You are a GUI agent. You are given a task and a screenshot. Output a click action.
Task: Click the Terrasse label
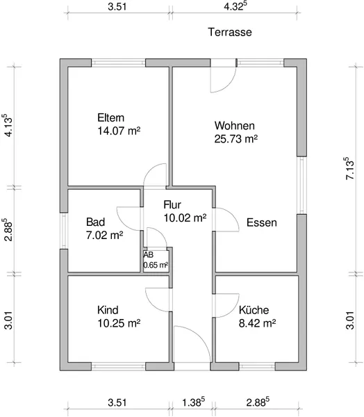(x=230, y=32)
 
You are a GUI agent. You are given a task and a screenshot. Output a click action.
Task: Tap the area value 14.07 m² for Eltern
(x=119, y=131)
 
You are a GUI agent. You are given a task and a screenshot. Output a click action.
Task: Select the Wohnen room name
(x=235, y=126)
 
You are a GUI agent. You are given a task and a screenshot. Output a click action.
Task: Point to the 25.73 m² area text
(x=236, y=139)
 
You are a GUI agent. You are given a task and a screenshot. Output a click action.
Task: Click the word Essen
(x=262, y=222)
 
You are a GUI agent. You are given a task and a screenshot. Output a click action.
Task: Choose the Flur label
(x=172, y=205)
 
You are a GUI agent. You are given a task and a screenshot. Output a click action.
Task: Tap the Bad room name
(x=95, y=222)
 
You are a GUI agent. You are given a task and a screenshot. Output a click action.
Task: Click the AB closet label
(x=149, y=255)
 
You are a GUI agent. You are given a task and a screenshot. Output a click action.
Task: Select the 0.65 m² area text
(x=156, y=265)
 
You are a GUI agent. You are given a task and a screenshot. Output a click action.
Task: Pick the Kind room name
(x=108, y=310)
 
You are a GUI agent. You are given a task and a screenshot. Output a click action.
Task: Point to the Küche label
(x=254, y=310)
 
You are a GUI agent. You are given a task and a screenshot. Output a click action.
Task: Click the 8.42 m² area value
(x=257, y=323)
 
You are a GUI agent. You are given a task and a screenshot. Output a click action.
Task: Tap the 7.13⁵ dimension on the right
(x=349, y=168)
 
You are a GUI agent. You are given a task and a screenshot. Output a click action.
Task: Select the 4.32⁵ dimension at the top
(x=233, y=6)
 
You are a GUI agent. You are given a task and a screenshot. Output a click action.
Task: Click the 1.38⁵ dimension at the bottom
(x=193, y=402)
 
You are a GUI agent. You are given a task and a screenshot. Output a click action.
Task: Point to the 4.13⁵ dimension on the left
(x=8, y=125)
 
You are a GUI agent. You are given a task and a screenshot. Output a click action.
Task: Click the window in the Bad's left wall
(x=64, y=231)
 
